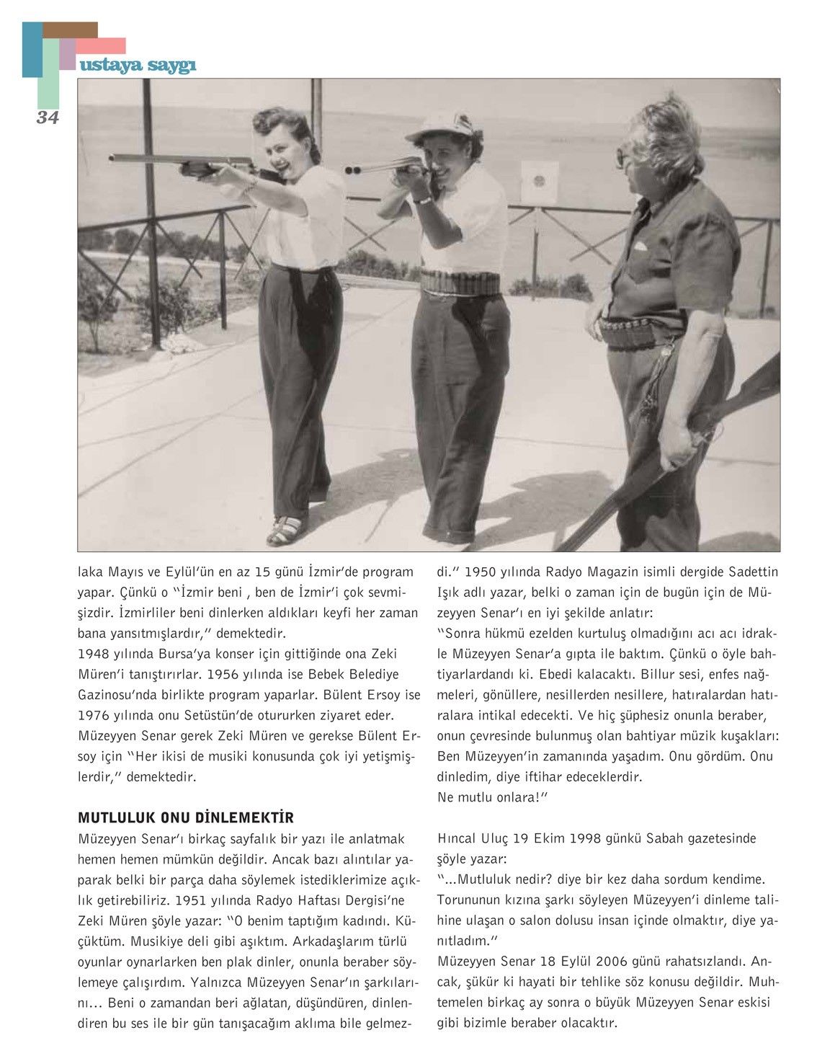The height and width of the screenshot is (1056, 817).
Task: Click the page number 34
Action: coord(47,117)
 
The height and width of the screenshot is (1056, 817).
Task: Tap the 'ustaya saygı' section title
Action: coord(136,66)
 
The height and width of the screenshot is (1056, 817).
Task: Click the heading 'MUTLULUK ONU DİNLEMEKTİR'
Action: coord(186,818)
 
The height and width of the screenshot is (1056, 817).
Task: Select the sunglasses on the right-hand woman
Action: coord(621,156)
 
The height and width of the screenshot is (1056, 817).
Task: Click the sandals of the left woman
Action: coord(286,531)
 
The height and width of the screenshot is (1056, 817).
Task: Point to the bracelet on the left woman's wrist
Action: coord(250,185)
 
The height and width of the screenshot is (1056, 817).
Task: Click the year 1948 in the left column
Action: coord(92,654)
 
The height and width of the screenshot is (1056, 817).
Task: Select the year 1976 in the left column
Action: coord(92,716)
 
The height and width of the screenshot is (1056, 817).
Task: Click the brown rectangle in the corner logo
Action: coord(70,30)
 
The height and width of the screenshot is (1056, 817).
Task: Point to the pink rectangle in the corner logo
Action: coord(101,45)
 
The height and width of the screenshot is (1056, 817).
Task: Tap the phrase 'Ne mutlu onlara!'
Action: coord(494,798)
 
